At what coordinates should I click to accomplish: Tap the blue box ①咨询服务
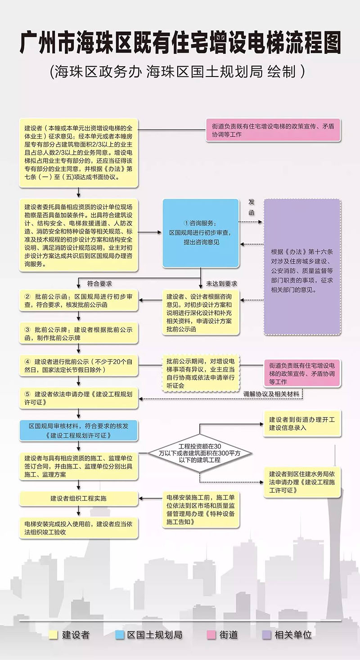tap(201, 233)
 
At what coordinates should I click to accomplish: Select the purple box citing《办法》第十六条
tap(302, 267)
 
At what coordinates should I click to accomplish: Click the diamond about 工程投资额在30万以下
tap(200, 453)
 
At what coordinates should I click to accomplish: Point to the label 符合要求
tap(99, 284)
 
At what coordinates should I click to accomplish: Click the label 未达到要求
tap(221, 284)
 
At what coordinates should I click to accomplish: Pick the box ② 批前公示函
tap(79, 301)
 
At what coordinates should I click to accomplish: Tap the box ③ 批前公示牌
tap(79, 333)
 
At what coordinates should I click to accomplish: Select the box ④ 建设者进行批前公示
tap(79, 366)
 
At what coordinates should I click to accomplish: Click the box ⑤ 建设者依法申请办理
tap(79, 398)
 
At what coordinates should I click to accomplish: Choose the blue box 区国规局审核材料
tap(79, 431)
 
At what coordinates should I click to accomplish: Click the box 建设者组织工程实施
tap(79, 498)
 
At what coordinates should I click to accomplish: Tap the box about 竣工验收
tap(79, 528)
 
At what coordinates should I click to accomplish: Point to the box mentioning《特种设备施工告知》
tap(201, 510)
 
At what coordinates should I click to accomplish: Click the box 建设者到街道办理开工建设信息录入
tap(302, 423)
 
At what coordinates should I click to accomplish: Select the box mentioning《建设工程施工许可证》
tap(302, 482)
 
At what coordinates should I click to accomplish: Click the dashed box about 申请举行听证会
tap(201, 373)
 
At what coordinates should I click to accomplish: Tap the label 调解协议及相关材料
tap(271, 394)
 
